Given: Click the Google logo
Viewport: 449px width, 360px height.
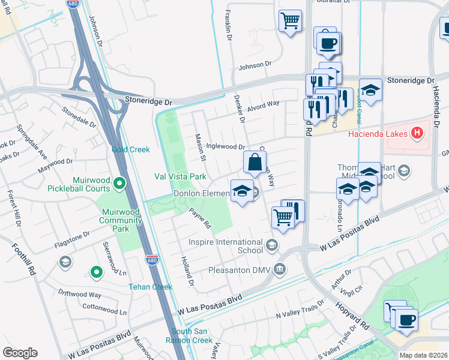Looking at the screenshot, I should pos(20,353).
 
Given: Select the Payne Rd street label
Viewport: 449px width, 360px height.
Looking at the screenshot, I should pos(200,218).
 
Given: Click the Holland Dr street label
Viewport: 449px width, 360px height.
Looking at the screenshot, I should pos(187,271).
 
